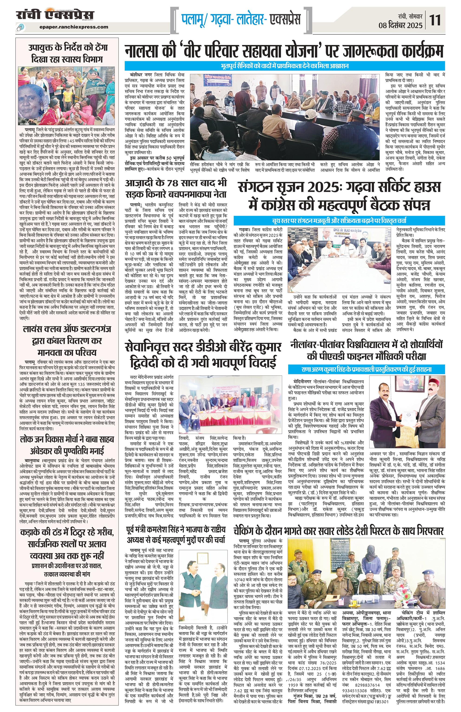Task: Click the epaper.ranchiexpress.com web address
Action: pos(74,27)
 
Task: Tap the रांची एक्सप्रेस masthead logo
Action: pos(55,15)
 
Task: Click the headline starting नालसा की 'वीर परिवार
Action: pos(284,51)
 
